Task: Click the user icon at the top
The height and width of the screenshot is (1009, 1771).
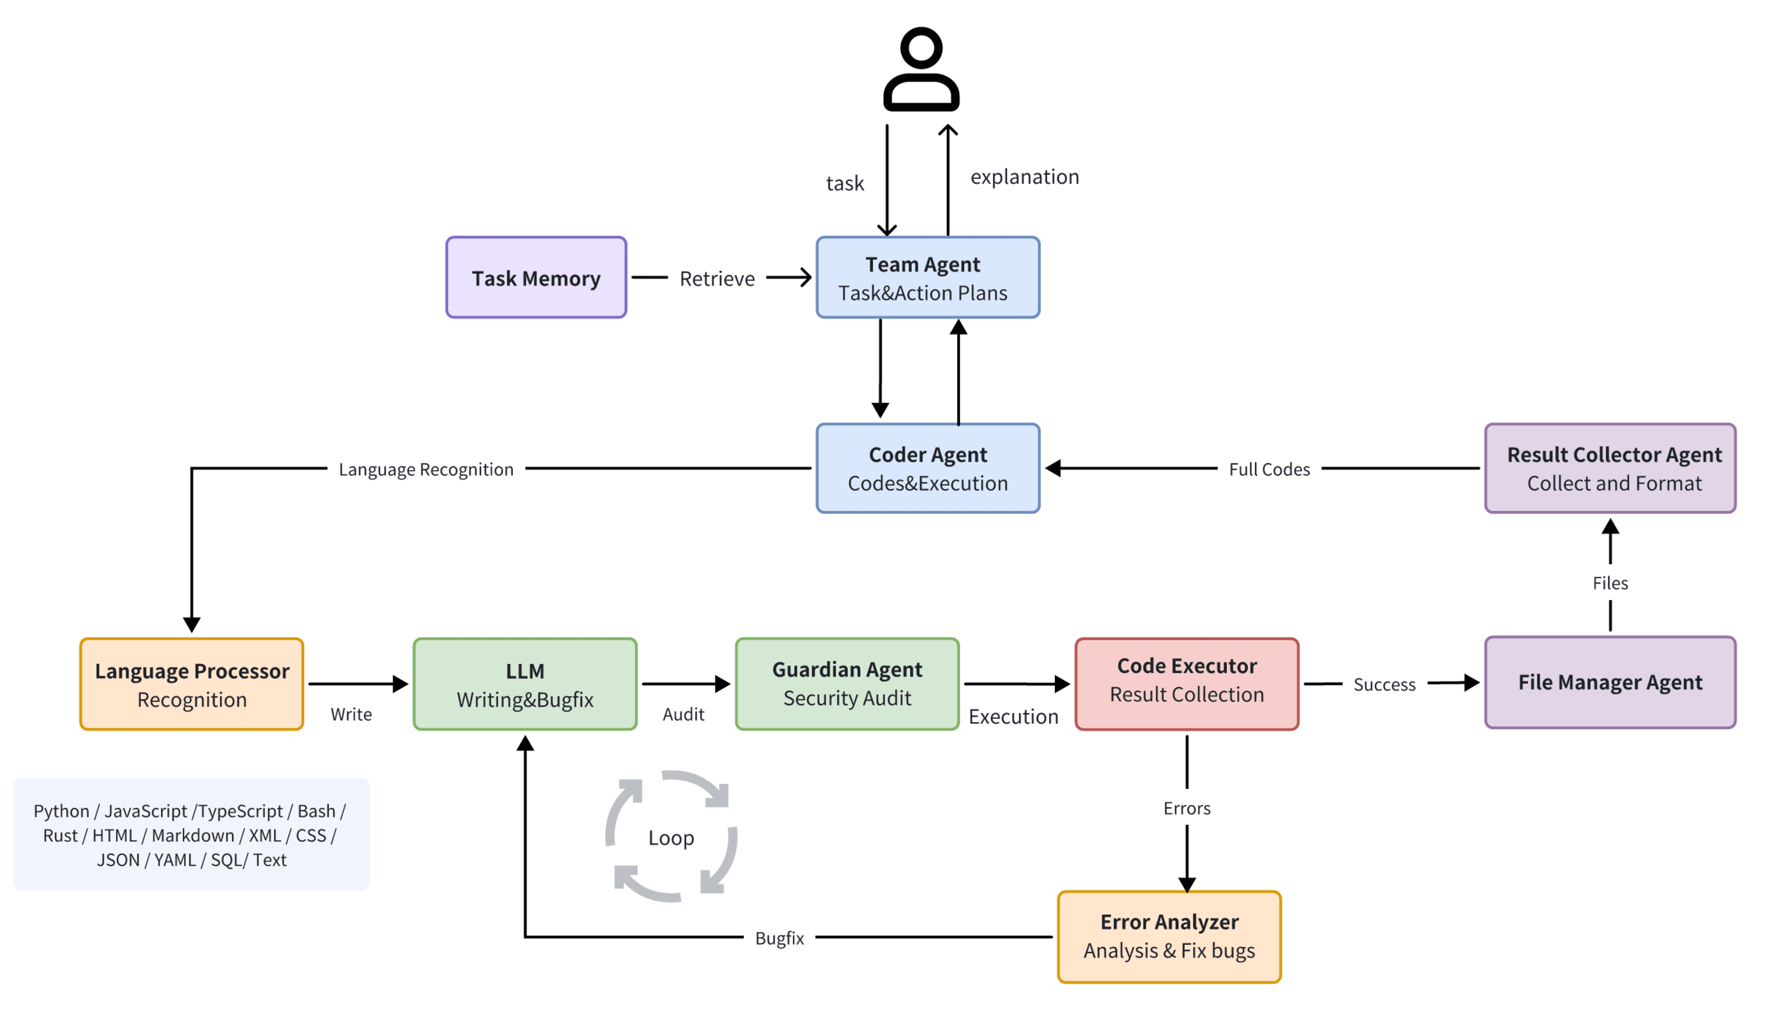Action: [921, 69]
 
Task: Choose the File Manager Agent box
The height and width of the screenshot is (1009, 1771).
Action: [1610, 682]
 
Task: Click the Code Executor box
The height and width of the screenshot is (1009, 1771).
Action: [1186, 683]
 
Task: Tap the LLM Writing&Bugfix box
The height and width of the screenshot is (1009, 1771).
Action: [524, 683]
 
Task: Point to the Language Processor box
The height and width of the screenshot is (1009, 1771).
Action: [191, 683]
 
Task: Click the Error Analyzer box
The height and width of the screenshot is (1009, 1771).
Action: [1169, 936]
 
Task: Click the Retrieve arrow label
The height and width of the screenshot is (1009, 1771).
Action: [716, 279]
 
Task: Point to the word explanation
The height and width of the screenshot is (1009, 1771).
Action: [1024, 177]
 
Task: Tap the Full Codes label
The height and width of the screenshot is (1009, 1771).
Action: [1269, 469]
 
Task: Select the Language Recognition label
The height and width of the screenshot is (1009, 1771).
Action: [425, 469]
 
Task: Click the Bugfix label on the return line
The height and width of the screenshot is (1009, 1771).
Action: [779, 938]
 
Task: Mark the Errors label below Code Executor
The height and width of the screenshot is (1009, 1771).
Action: [1186, 808]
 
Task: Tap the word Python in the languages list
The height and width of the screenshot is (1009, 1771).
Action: [61, 810]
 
